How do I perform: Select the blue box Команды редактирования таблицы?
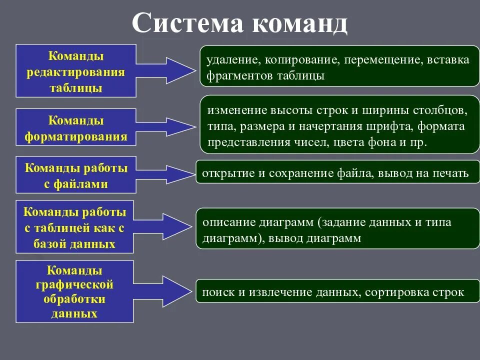point(76,70)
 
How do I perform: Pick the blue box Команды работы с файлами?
point(76,175)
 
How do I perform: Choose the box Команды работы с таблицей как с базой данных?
point(75,227)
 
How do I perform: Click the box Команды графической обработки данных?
point(75,291)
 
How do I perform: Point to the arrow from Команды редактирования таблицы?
point(165,70)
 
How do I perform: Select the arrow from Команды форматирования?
point(165,127)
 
